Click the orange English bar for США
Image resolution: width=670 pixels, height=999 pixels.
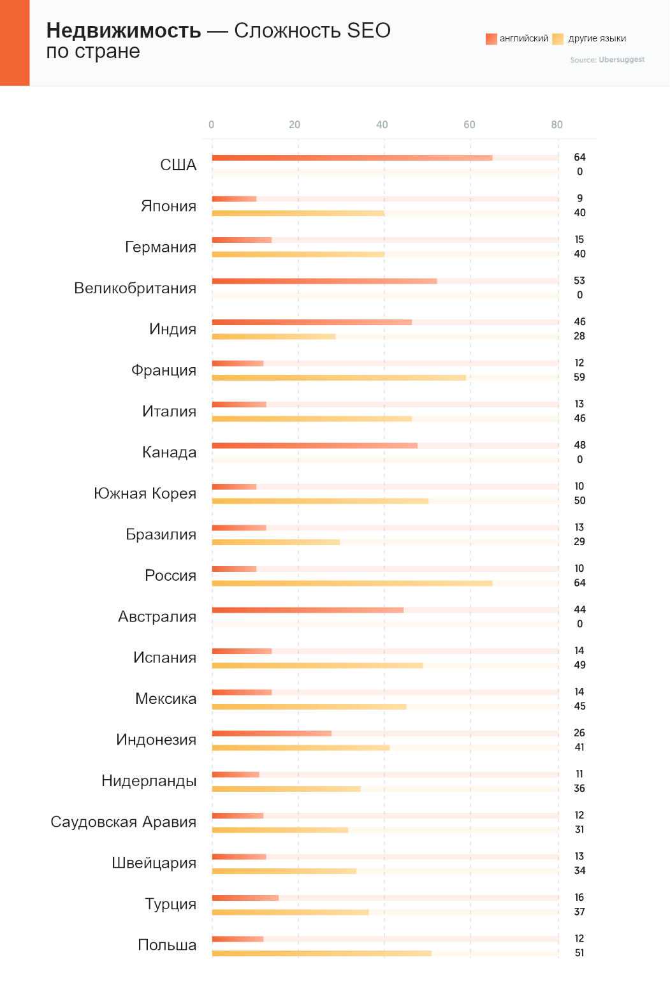point(352,157)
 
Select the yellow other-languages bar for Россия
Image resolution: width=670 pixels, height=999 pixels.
point(352,583)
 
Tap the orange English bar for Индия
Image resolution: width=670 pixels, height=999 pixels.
point(312,322)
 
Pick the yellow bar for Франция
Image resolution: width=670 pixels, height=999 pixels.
point(339,377)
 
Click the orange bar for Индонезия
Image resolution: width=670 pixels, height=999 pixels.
point(272,733)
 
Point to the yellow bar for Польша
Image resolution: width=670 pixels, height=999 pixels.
point(321,953)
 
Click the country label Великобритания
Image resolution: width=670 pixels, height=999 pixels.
point(135,288)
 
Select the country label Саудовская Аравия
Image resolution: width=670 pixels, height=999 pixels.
point(124,822)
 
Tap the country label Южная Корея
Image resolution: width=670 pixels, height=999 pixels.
point(145,493)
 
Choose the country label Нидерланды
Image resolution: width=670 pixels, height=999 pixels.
point(149,781)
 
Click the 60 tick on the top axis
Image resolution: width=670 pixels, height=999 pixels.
point(469,125)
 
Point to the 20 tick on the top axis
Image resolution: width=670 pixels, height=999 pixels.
point(295,125)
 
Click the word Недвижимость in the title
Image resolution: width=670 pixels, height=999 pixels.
point(124,31)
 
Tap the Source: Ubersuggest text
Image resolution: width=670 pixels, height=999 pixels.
point(608,60)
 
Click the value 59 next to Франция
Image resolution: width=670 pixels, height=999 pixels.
point(579,377)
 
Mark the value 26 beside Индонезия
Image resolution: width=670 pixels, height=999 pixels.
point(579,733)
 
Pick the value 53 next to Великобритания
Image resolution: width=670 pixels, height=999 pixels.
point(579,281)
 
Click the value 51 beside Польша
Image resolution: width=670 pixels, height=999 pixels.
point(579,953)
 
